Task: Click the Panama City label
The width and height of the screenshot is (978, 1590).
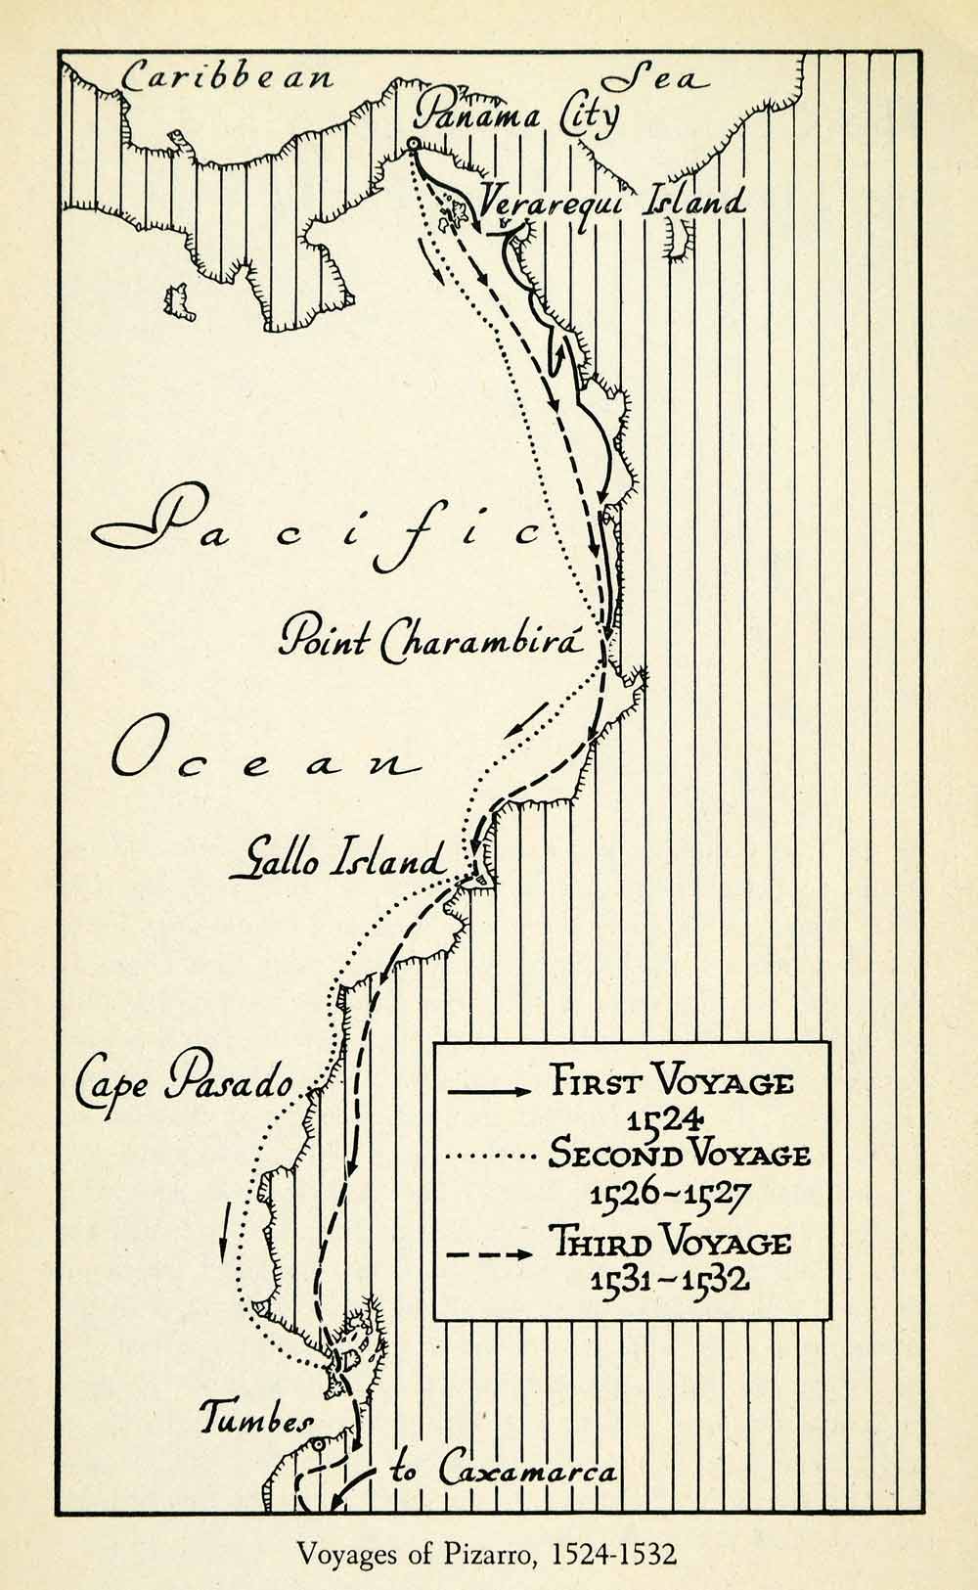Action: click(x=516, y=116)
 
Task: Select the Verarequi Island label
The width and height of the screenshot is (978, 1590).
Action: click(x=611, y=203)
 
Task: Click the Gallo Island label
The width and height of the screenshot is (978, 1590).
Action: click(x=337, y=861)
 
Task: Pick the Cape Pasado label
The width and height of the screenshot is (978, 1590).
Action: click(x=186, y=1081)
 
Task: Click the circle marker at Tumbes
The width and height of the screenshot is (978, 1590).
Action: click(x=319, y=1444)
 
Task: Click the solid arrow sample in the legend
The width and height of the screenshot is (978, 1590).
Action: click(x=489, y=1089)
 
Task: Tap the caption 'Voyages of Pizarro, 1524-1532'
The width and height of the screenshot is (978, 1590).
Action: click(x=487, y=1554)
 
